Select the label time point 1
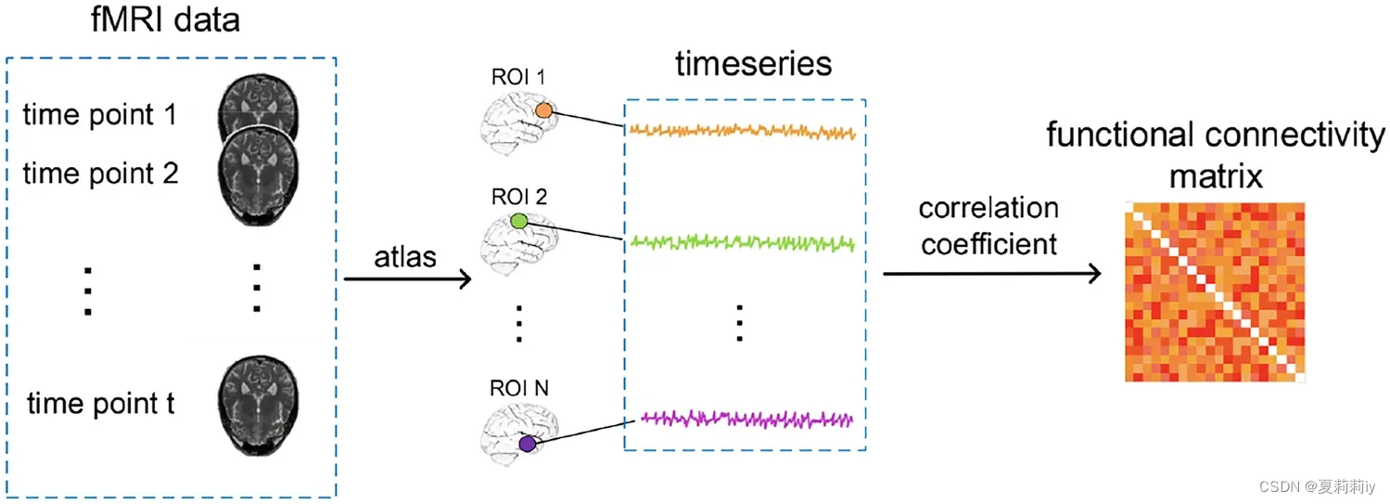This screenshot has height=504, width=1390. (x=100, y=115)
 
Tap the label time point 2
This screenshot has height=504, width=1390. (x=100, y=173)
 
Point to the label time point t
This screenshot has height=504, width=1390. (x=101, y=405)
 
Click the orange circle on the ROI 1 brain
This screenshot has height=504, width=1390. (x=545, y=110)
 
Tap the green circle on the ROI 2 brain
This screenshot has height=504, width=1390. (x=519, y=222)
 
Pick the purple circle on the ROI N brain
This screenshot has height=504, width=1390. (x=528, y=445)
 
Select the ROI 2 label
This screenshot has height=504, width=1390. (x=519, y=197)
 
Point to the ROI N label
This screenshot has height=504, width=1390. (x=520, y=388)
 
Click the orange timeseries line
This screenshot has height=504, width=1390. (x=742, y=132)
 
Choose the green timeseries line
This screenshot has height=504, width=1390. (x=742, y=242)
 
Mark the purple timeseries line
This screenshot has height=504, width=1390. (x=742, y=419)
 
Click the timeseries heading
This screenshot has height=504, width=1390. (x=753, y=64)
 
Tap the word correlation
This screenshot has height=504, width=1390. (x=988, y=207)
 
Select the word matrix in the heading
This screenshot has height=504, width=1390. (x=1216, y=175)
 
